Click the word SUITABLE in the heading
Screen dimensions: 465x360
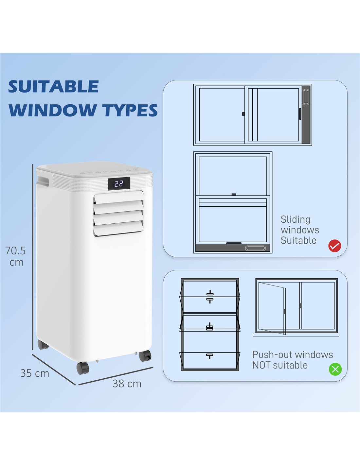click(x=53, y=87)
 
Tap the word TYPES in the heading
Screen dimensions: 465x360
click(x=130, y=110)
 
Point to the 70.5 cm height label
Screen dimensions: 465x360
click(x=15, y=256)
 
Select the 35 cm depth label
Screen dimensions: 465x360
click(x=35, y=373)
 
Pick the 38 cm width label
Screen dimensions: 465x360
click(x=127, y=384)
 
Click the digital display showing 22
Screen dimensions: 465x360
click(x=119, y=183)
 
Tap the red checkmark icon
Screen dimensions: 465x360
click(x=334, y=246)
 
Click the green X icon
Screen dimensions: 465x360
click(x=335, y=369)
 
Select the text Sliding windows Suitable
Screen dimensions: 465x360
click(x=299, y=230)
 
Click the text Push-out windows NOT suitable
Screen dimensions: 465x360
click(x=292, y=360)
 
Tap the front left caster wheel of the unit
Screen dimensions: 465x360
click(x=83, y=368)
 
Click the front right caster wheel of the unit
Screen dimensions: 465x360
click(x=145, y=355)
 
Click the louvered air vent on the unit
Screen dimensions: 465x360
click(x=118, y=213)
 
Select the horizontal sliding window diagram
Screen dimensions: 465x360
click(x=252, y=115)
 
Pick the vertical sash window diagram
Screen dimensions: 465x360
click(x=233, y=202)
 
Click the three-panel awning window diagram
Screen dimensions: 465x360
click(x=210, y=324)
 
